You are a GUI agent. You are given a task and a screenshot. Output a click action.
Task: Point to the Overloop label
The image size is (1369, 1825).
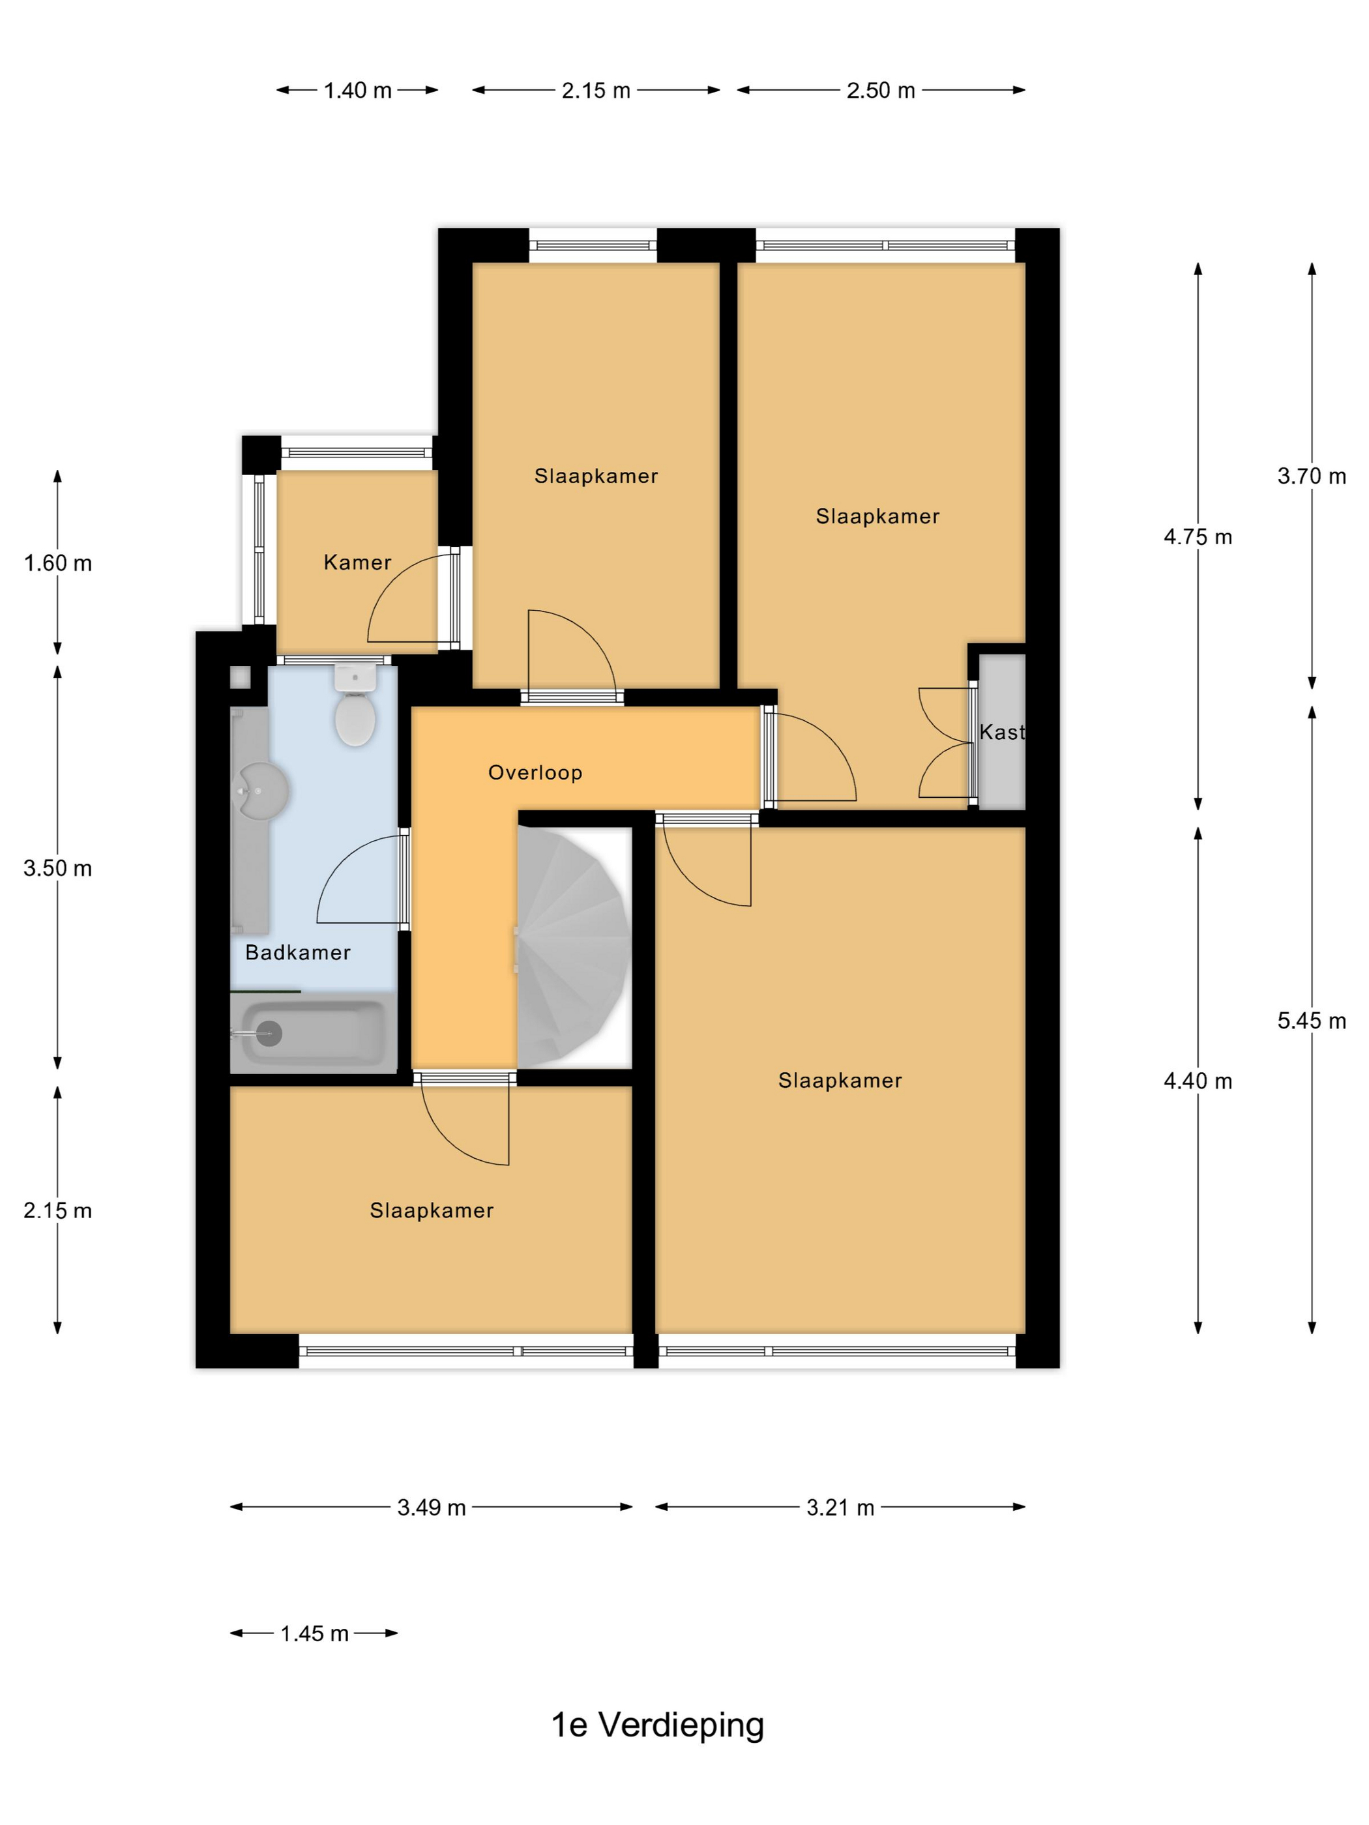(535, 772)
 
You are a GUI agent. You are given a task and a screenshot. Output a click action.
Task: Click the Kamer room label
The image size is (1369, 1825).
(357, 562)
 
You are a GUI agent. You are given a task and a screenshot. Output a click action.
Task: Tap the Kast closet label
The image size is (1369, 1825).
(1002, 731)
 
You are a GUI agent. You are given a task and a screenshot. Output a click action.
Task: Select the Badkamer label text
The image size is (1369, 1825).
(298, 952)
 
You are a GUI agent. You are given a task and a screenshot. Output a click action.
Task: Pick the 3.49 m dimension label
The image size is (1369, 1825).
(432, 1508)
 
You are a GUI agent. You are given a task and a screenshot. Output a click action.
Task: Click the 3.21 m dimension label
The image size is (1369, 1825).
(840, 1508)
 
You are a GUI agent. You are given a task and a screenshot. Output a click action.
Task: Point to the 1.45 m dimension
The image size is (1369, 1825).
(314, 1633)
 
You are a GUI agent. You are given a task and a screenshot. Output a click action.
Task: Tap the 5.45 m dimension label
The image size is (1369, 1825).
(1311, 1021)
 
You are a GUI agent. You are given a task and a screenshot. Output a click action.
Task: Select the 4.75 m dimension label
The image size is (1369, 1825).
(1198, 537)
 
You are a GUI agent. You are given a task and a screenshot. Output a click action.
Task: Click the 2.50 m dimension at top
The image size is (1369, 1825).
(881, 90)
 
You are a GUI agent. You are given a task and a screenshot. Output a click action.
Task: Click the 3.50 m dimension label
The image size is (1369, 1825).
(58, 868)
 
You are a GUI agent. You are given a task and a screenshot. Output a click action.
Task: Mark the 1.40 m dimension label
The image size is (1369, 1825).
(357, 90)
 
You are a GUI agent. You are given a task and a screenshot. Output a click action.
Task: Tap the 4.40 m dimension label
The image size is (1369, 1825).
(1198, 1080)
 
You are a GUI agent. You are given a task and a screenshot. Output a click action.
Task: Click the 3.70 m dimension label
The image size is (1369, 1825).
(1311, 475)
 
